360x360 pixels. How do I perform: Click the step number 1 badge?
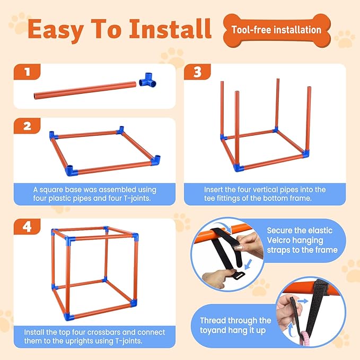(27, 72)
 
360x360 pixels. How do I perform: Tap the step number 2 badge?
(27, 126)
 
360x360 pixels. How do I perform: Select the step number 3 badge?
(197, 72)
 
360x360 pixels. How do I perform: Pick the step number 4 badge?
(27, 227)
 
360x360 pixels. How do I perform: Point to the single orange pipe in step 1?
(85, 91)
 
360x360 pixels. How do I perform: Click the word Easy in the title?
(56, 29)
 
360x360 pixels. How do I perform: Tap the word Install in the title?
(170, 29)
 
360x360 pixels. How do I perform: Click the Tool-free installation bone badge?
(277, 30)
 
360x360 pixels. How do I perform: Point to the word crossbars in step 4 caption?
(103, 332)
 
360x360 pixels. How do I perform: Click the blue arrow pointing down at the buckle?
(248, 265)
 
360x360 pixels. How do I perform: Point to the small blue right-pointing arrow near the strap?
(303, 301)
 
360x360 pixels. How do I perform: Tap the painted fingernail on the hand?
(238, 248)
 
